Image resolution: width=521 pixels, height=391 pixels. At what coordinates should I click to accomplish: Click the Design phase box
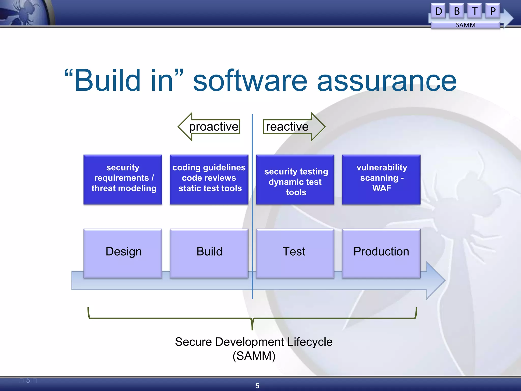123,253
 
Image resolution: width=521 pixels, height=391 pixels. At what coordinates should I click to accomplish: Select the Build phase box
209,253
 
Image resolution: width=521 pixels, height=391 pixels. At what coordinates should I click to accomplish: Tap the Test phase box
295,253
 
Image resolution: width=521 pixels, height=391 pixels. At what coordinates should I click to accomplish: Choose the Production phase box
381,253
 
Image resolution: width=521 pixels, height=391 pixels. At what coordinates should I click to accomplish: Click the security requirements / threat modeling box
123,179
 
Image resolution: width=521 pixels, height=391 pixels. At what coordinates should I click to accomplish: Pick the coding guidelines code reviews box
209,179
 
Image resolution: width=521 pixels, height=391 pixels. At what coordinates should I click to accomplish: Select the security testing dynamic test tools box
295,180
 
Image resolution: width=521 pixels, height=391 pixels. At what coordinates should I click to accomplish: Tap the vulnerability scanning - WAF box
381,179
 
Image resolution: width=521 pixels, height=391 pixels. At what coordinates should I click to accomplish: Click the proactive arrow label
213,127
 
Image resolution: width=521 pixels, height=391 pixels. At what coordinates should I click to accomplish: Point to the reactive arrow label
287,127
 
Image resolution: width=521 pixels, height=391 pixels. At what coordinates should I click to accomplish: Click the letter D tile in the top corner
438,11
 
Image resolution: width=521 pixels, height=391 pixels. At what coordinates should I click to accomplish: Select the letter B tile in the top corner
456,11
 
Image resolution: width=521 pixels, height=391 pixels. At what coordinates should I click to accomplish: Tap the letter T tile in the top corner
474,11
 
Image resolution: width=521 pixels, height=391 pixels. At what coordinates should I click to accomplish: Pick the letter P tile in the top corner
493,11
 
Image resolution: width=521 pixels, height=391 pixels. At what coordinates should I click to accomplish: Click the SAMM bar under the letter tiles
465,25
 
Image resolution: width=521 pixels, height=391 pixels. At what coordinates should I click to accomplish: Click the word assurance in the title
387,81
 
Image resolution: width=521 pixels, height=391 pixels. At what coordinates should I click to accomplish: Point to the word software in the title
250,81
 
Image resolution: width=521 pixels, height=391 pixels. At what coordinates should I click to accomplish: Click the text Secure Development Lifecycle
254,342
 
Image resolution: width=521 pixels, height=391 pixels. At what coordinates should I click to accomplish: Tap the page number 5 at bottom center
257,386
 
